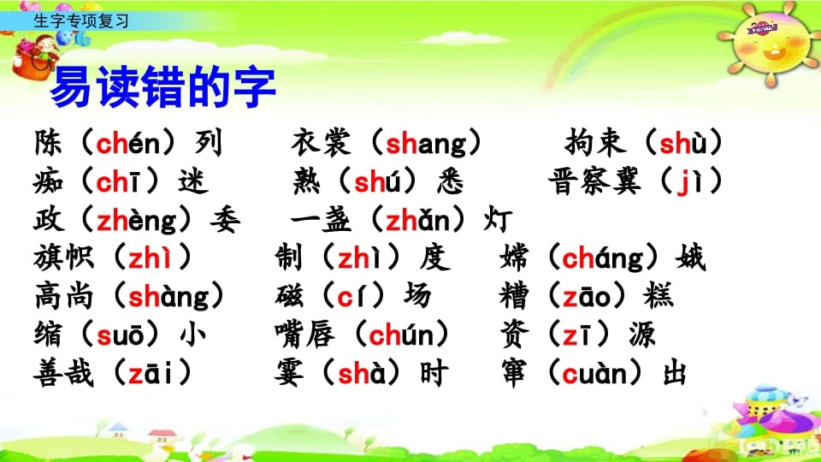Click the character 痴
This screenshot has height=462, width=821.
click(x=49, y=181)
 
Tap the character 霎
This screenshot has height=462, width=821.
click(x=289, y=374)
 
